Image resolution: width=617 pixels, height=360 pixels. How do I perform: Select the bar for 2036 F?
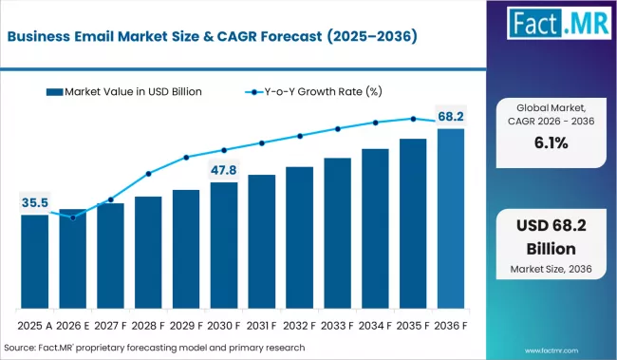[x=450, y=218]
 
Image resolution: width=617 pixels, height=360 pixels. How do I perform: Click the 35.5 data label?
[x=34, y=202]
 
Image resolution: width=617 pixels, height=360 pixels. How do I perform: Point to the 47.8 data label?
[x=224, y=171]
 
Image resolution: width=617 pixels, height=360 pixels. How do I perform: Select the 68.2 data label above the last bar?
[x=450, y=116]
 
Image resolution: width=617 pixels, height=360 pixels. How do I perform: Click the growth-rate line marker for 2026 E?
[x=72, y=218]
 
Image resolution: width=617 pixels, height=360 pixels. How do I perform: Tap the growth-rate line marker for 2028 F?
[x=148, y=174]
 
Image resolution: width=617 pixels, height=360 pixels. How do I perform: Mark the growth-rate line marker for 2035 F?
[x=412, y=119]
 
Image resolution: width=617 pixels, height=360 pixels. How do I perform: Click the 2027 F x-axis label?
[x=110, y=326]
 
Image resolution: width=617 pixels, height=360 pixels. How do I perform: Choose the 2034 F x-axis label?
[x=375, y=326]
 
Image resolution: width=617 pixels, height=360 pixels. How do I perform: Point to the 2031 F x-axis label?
[x=261, y=326]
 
